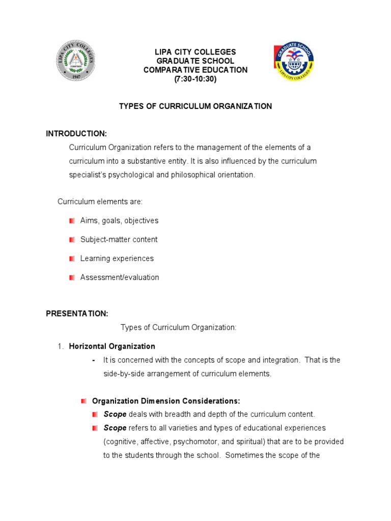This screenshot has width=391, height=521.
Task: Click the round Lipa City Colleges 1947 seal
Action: [74, 61]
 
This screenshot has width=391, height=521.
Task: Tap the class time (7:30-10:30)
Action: [195, 79]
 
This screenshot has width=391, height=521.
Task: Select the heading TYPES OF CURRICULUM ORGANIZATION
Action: [195, 106]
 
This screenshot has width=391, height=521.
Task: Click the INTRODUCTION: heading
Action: [76, 134]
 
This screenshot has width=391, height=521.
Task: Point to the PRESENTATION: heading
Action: [77, 313]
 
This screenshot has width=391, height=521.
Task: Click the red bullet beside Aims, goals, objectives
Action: [72, 221]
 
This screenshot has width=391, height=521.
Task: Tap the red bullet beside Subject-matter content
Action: [72, 240]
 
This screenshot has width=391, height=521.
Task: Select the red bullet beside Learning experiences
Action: [72, 258]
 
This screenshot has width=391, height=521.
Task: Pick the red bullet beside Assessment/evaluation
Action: [72, 277]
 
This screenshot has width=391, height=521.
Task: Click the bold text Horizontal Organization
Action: [112, 346]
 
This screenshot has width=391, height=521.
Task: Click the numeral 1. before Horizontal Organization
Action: [60, 346]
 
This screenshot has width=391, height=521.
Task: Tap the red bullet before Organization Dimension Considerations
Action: [84, 401]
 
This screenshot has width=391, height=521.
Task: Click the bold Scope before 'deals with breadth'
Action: [115, 414]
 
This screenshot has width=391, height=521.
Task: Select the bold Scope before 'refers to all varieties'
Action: [115, 428]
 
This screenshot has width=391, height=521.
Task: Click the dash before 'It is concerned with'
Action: [94, 360]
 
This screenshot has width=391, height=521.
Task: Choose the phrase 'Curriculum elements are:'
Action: [100, 202]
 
